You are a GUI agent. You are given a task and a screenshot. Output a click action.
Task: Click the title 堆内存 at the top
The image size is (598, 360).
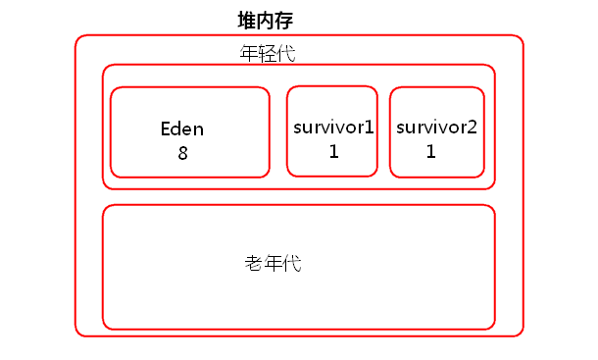tap(267, 21)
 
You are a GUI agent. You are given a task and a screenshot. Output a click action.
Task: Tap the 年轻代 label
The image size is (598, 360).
tap(268, 53)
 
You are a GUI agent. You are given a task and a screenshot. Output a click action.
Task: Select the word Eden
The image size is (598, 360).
tap(182, 129)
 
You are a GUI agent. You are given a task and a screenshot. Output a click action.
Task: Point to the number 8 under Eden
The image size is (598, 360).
tap(182, 153)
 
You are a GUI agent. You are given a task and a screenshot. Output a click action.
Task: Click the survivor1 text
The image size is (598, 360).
tap(333, 128)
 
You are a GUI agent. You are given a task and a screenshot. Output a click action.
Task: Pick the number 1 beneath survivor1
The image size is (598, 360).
tap(333, 151)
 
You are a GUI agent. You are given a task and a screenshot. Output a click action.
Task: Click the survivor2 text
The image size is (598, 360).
tap(436, 128)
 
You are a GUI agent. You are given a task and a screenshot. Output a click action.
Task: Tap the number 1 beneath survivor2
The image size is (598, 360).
tap(430, 151)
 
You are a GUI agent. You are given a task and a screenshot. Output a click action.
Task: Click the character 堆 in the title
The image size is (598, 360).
tap(248, 21)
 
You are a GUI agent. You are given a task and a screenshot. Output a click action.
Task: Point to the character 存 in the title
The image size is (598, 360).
tap(285, 21)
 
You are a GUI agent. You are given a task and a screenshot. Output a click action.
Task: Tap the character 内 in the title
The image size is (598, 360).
tap(267, 21)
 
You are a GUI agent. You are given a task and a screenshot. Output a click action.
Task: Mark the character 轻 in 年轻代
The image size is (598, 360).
tap(268, 53)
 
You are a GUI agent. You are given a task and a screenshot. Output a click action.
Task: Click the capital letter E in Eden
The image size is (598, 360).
tap(166, 129)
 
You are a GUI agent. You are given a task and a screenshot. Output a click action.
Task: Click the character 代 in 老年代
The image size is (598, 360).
tap(292, 264)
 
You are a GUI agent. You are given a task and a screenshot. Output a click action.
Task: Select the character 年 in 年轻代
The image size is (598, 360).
tap(249, 53)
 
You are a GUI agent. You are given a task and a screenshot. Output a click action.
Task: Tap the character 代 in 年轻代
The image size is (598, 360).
tap(286, 53)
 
